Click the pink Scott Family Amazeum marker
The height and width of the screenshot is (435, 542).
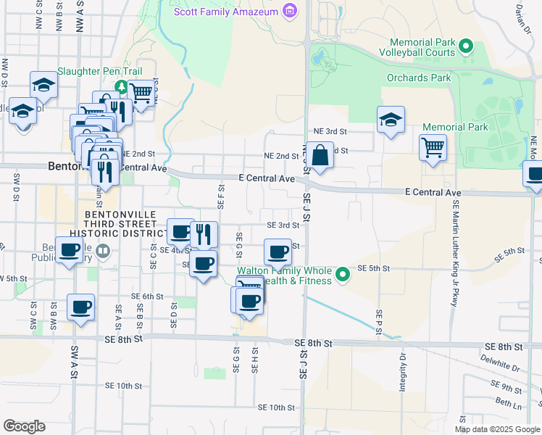click(x=290, y=11)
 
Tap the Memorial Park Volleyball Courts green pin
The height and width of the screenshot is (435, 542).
click(x=466, y=48)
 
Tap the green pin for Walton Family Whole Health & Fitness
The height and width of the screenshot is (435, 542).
click(x=343, y=275)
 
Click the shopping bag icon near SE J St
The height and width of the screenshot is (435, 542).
click(x=320, y=156)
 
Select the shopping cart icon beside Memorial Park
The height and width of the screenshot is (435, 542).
click(x=433, y=148)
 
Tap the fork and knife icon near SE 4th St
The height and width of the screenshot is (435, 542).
click(x=204, y=233)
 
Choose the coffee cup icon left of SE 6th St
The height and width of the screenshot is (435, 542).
click(x=80, y=306)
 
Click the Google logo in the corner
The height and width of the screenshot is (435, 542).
click(x=24, y=426)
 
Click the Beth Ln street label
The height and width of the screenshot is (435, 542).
click(x=504, y=401)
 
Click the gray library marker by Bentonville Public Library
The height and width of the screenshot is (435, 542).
click(x=103, y=251)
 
